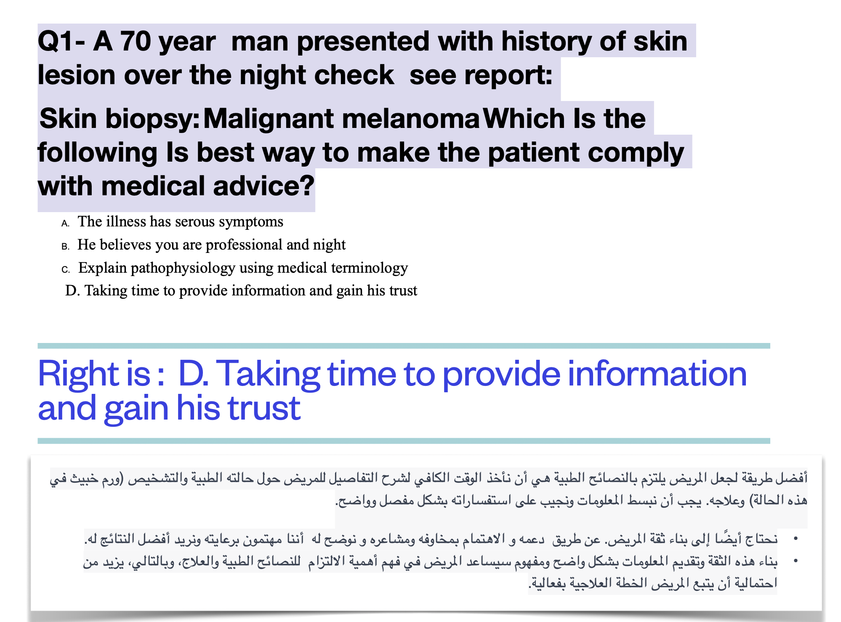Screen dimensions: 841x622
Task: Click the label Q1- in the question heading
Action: point(61,42)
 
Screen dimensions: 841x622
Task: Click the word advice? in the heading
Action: point(263,186)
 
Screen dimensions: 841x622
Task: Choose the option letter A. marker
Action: point(65,223)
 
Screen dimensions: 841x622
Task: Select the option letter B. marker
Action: point(65,247)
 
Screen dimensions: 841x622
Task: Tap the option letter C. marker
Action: point(66,270)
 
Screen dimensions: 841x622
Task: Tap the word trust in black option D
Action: point(403,291)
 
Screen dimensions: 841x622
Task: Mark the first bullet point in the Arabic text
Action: point(795,539)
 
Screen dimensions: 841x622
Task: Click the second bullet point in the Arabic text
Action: point(795,561)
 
